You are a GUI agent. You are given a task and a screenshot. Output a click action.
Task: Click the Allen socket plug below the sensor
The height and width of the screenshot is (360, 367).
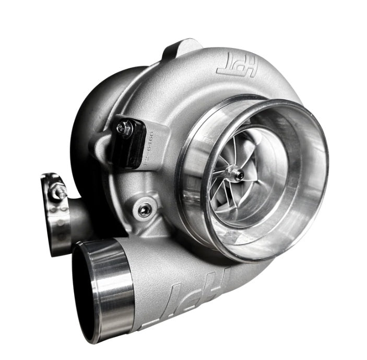(145, 209)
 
